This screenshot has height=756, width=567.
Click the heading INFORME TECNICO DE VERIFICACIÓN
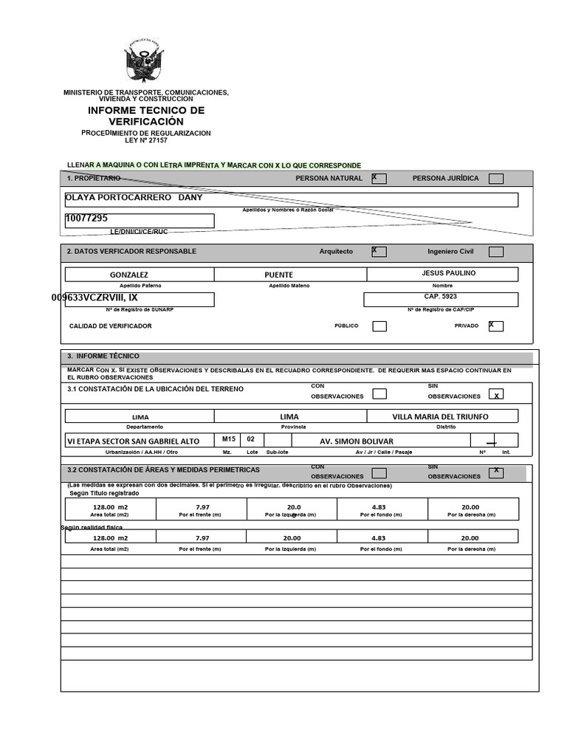point(146,116)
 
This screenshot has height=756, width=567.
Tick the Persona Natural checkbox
point(379,178)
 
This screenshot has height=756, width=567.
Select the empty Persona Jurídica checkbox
point(496,179)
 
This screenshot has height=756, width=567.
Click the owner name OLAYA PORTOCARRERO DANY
point(134,198)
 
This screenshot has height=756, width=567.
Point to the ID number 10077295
point(87,219)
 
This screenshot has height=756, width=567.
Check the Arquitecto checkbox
point(379,252)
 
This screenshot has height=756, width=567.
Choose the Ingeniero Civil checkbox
point(496,252)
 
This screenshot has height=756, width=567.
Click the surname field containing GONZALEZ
point(129,275)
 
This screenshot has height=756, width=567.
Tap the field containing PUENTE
point(279,275)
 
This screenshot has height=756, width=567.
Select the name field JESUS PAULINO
point(448,273)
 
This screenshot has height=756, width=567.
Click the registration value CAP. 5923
point(440,296)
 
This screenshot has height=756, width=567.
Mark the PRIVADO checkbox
point(496,326)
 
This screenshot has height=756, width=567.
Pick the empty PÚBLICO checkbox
point(379,326)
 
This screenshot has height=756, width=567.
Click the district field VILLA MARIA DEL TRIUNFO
point(440,416)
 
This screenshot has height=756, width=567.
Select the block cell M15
point(229,439)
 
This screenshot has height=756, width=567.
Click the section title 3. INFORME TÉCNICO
point(103,356)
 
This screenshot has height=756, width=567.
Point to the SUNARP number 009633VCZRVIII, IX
point(94,298)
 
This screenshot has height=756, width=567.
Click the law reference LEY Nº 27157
point(145,140)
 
